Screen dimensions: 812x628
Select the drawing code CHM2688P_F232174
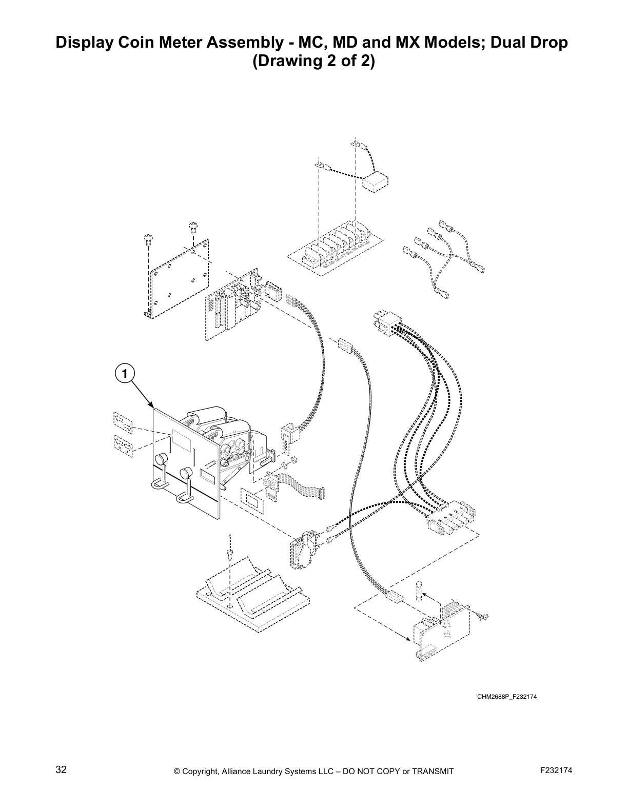(x=507, y=696)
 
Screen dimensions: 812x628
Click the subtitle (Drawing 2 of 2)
(x=313, y=62)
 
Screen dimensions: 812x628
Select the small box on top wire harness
(x=375, y=182)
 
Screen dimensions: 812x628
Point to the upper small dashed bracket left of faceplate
(x=123, y=422)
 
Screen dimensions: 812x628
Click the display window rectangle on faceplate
(x=182, y=437)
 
